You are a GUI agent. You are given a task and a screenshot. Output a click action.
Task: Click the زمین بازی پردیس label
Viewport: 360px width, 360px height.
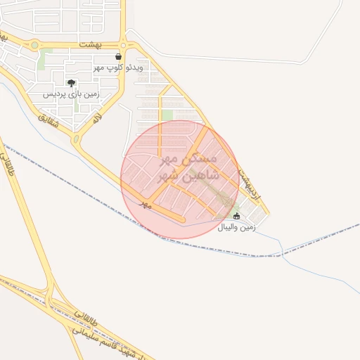tap(72, 94)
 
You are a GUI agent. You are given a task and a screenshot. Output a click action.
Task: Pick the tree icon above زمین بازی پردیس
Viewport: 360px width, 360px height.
tap(71, 83)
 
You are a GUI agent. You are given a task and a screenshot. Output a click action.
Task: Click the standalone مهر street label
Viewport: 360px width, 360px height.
tap(146, 203)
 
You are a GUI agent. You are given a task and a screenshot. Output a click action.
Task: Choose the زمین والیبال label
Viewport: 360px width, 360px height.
tap(236, 228)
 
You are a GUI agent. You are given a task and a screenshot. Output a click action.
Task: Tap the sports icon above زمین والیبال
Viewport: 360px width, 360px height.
tap(236, 216)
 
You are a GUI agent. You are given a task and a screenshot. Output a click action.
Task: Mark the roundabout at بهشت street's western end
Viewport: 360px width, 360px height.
tap(34, 45)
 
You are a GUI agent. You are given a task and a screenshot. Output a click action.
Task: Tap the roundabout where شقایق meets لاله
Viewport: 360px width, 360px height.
tap(76, 139)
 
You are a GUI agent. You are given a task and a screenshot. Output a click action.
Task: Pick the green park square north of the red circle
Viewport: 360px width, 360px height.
tap(167, 115)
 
